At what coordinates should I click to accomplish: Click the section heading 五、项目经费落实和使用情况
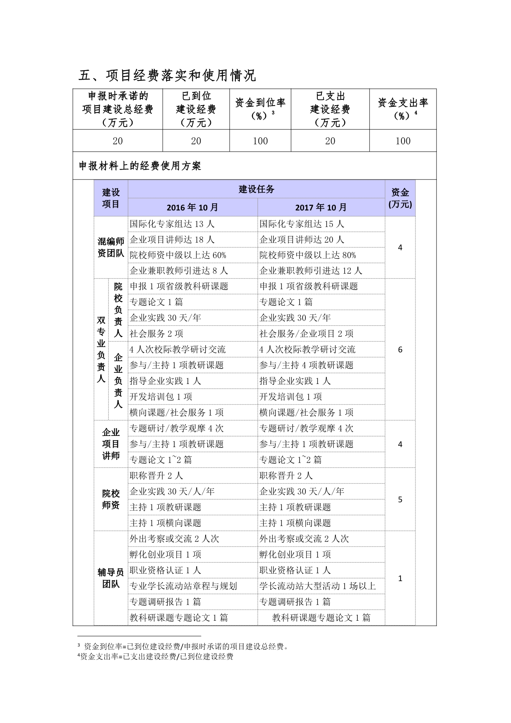pos(167,75)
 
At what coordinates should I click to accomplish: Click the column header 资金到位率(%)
pos(260,109)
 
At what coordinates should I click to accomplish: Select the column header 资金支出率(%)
pos(403,109)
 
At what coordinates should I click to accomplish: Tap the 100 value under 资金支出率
pos(403,141)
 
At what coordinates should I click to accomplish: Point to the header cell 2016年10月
pos(192,207)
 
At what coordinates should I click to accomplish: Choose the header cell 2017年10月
pos(321,207)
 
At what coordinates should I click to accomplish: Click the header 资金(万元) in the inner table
pos(400,198)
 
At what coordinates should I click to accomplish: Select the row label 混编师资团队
pos(110,247)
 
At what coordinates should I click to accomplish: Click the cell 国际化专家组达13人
pos(172,224)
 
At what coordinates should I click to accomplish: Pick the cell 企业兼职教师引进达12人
pos(311,271)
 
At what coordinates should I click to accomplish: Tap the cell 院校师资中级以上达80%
pos(307,255)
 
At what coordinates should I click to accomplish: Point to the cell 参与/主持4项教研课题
pos(306,365)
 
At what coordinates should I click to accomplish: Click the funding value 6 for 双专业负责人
pos(400,350)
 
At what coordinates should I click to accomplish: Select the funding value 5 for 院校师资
pos(400,499)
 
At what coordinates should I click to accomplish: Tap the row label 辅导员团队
pos(110,578)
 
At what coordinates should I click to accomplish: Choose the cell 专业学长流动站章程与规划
pos(183,586)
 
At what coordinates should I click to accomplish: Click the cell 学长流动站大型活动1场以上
pos(317,586)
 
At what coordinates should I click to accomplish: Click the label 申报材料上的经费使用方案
pos(140,166)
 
